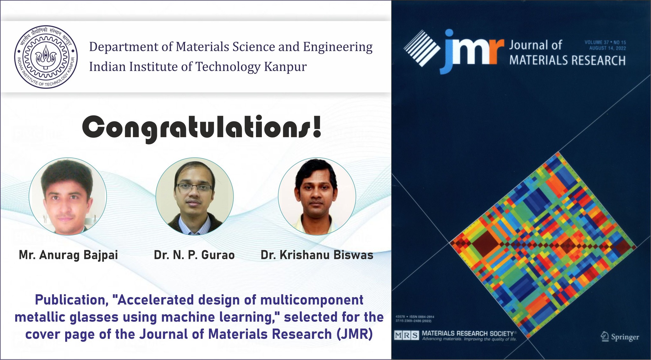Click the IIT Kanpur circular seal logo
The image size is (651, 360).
point(46,57)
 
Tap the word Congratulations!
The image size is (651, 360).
point(202,128)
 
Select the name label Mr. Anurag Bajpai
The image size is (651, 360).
point(68,255)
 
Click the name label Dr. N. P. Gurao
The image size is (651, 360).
point(194,255)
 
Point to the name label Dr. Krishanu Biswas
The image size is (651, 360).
point(317,255)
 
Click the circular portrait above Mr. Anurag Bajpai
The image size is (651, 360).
point(68,196)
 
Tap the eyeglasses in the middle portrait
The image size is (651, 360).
point(194,187)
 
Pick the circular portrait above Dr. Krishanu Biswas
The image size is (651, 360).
point(317,196)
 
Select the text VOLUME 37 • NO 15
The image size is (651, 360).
point(605,42)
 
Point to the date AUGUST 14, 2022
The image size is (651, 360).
point(607,48)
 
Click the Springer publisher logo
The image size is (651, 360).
point(620,337)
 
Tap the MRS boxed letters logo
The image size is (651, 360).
point(407,336)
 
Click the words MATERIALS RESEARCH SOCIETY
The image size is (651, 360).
point(468,334)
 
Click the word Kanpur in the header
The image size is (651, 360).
point(285,67)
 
